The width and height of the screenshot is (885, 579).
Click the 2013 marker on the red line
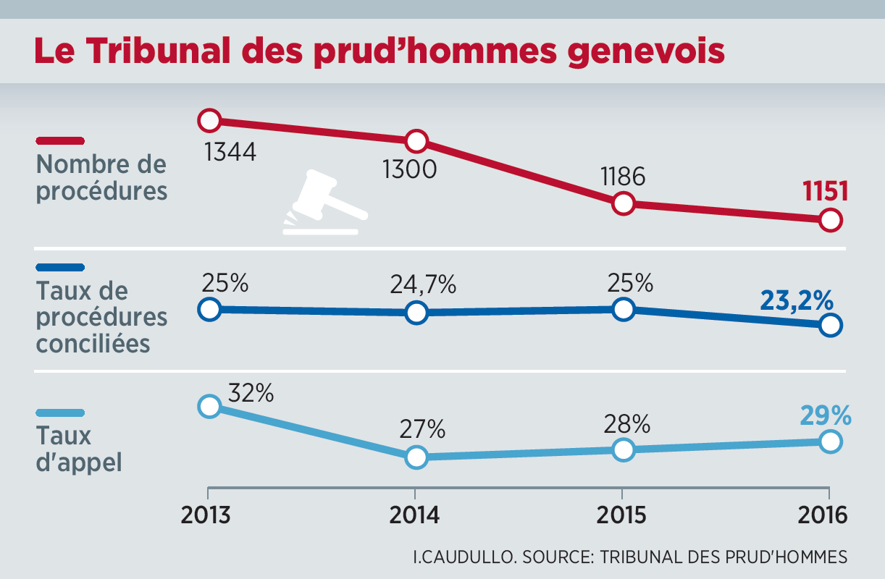pyautogui.click(x=209, y=120)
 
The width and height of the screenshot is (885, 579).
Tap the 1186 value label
pyautogui.click(x=622, y=177)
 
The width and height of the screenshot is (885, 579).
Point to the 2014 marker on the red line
pyautogui.click(x=416, y=140)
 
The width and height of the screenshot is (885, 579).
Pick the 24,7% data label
pyautogui.click(x=422, y=284)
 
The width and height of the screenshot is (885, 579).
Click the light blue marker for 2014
pyautogui.click(x=416, y=457)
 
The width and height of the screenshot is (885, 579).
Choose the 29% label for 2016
pyautogui.click(x=825, y=415)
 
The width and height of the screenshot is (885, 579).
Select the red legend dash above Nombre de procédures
pyautogui.click(x=60, y=140)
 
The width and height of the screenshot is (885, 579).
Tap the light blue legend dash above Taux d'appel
pyautogui.click(x=60, y=413)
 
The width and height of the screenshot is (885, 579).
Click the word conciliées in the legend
pyautogui.click(x=93, y=343)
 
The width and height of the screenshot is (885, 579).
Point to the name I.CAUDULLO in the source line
pyautogui.click(x=463, y=557)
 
